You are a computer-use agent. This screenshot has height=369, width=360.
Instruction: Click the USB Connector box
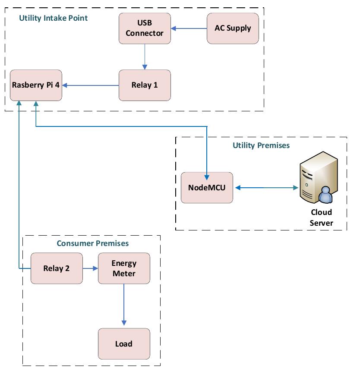coord(145,28)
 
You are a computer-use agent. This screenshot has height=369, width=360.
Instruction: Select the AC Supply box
coord(233,28)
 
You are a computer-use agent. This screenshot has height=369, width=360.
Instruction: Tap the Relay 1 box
coord(145,85)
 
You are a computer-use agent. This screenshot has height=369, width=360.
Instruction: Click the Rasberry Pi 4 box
coord(36,85)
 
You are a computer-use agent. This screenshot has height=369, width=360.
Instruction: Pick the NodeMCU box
coord(207,188)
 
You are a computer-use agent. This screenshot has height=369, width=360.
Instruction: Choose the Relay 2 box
coord(57,268)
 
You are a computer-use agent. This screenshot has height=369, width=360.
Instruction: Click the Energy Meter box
coord(124,268)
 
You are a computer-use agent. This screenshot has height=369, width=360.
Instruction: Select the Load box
coord(124,344)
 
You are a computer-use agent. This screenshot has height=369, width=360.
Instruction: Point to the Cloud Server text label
coord(321,218)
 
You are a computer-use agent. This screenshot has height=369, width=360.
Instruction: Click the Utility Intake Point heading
coord(53,18)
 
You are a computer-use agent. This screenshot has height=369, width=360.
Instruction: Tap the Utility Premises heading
coord(261,145)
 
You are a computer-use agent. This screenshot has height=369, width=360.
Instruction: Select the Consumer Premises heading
coord(93,243)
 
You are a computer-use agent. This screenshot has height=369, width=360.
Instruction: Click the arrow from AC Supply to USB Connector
coord(189,29)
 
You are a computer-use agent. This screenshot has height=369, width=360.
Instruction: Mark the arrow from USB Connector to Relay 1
coord(145,57)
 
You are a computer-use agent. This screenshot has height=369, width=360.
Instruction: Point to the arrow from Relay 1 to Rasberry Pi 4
coord(90,85)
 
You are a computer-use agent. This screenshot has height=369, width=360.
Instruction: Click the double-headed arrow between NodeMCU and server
coord(265,188)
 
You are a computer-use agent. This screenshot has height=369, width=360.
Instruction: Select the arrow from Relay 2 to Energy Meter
coord(90,268)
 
